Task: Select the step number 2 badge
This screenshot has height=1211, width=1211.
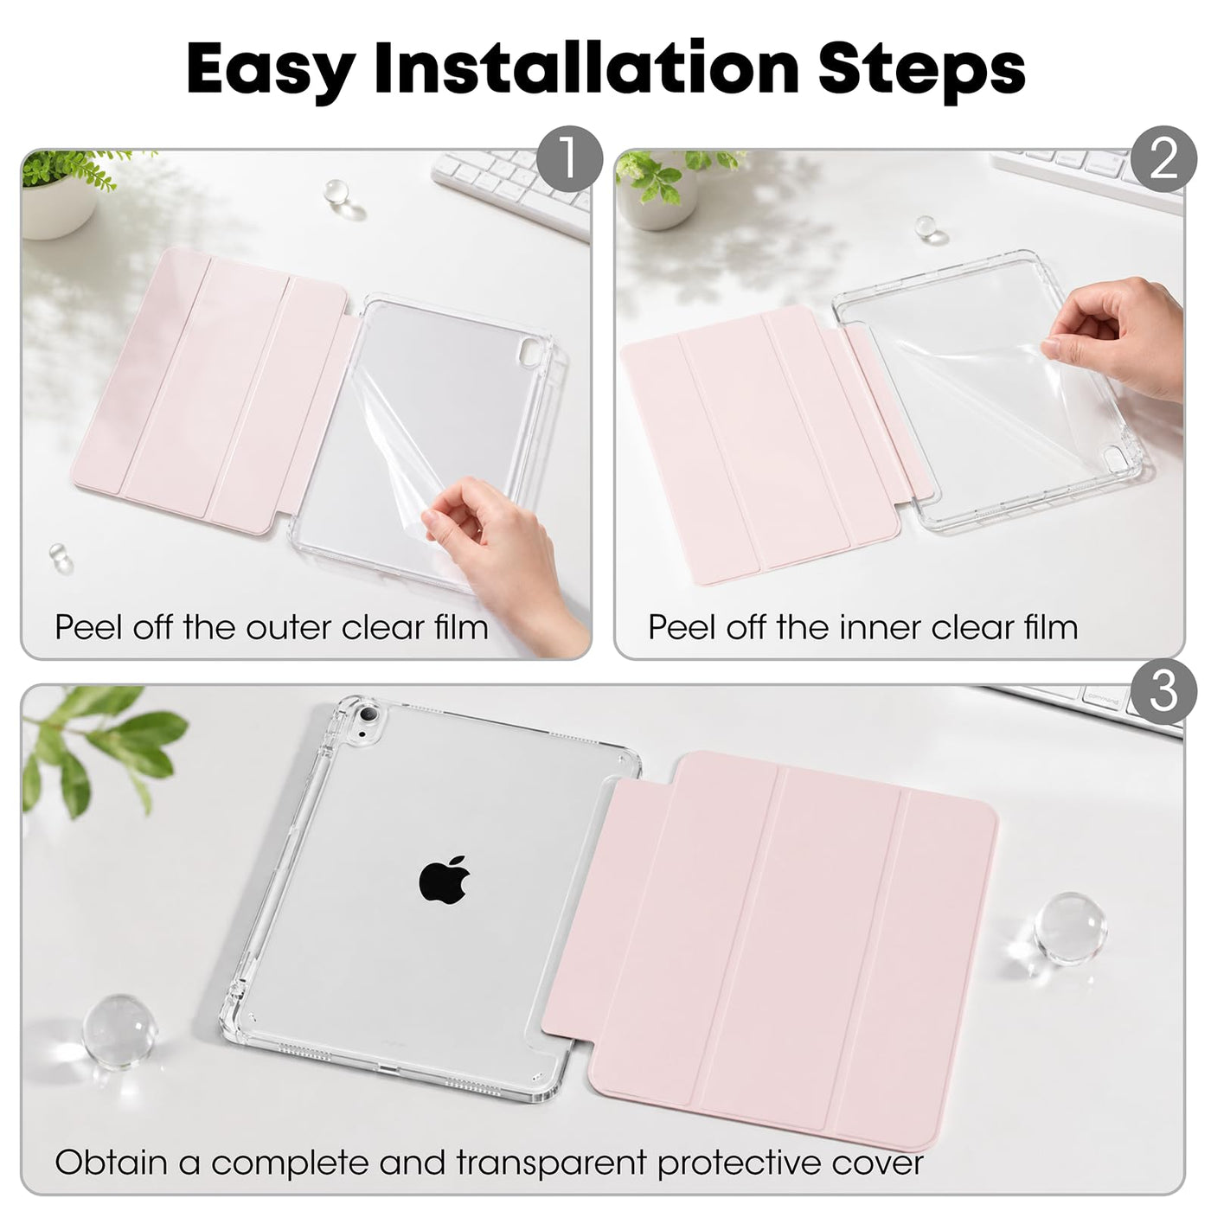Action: coord(1163,159)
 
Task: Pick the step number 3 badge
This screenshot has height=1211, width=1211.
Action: coord(1163,690)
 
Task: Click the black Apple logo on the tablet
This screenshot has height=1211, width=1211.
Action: coord(445,879)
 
